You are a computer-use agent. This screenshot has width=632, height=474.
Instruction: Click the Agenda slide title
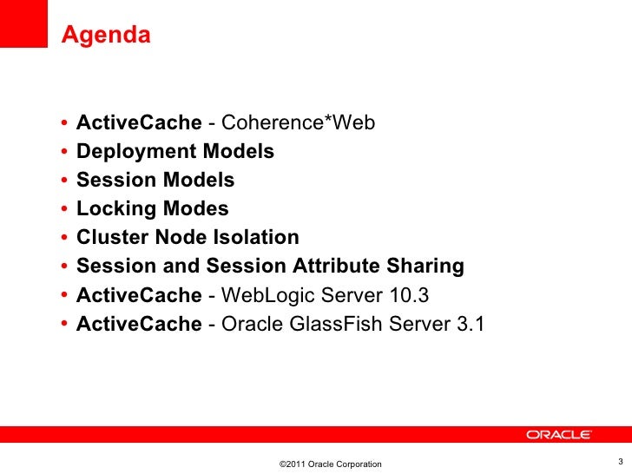(x=106, y=36)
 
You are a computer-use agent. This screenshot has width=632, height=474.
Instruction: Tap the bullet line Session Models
(x=155, y=181)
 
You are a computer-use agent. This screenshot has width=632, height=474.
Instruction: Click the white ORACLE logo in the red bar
(x=559, y=435)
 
